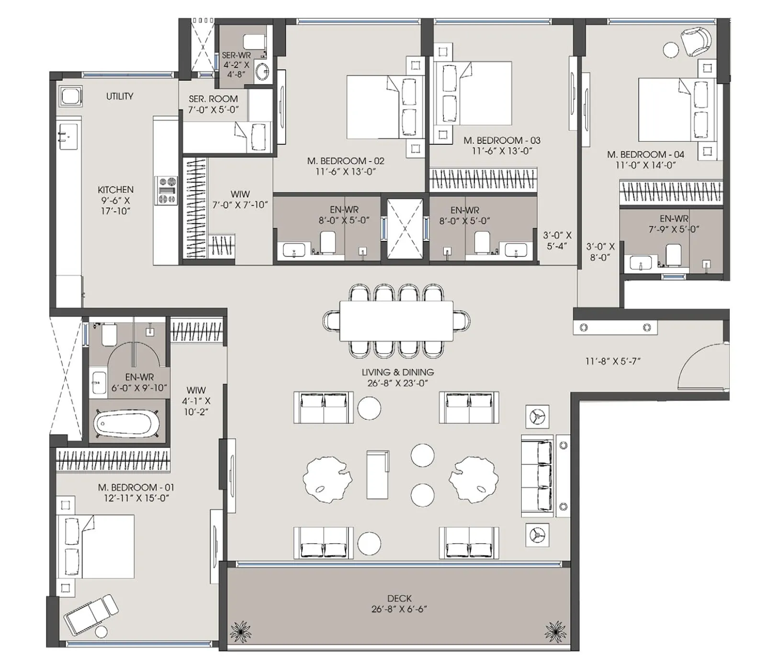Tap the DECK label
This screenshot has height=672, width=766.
point(399,598)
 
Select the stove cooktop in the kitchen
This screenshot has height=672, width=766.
point(166,190)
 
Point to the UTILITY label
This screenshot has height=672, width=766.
point(120,96)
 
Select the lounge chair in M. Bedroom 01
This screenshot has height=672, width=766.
point(91,614)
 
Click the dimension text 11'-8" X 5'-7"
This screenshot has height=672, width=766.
point(612,361)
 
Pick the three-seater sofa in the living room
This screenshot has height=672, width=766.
point(538,476)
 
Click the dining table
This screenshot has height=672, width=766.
point(396,321)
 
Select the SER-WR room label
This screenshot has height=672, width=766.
point(236,56)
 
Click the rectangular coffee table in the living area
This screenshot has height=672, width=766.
point(378,474)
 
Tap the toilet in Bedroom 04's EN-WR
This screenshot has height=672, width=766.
point(673,255)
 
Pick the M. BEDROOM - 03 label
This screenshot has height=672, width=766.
point(501,140)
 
